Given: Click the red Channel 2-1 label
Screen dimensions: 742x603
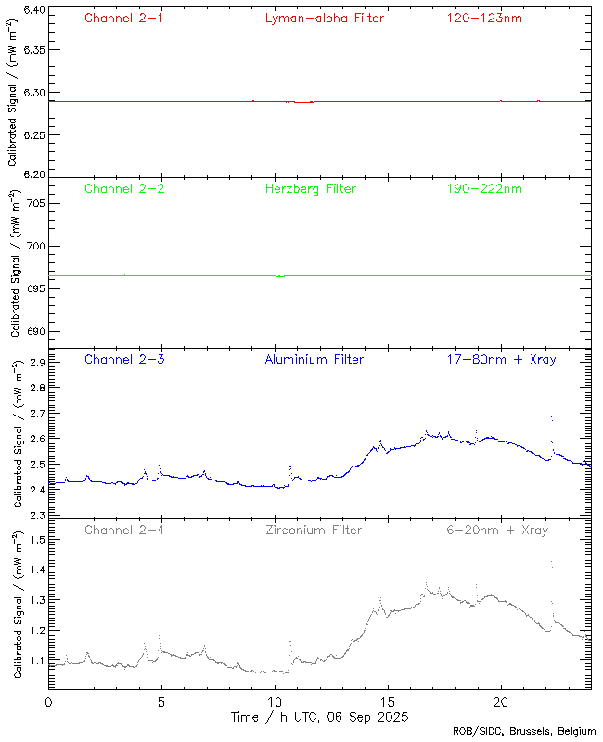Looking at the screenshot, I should coord(124,18).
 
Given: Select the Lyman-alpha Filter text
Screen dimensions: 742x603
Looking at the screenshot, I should coord(324,18).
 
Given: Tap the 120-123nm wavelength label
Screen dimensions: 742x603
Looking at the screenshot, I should coord(483,18).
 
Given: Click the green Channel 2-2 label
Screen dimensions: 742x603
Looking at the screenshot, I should coord(124,188).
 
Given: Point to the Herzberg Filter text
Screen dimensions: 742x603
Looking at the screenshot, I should coord(310,188).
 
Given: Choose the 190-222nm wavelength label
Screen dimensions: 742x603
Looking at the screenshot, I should coord(483,188).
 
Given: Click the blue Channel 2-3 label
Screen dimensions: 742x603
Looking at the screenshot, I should coord(124,359).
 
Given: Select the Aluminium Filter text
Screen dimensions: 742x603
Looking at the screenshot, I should coord(314,359).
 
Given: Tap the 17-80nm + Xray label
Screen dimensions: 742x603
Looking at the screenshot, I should coord(501,359).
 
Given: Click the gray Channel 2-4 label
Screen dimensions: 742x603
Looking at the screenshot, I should coord(124,530).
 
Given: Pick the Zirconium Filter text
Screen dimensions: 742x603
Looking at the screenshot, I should coord(314,530).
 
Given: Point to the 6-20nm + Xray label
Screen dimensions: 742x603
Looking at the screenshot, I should coord(495,530).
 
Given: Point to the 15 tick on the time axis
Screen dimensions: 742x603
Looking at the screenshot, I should coord(388,702).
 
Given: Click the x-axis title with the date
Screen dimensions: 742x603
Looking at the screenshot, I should coord(319,717).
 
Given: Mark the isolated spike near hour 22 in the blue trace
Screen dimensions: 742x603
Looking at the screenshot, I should coord(552,418).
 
